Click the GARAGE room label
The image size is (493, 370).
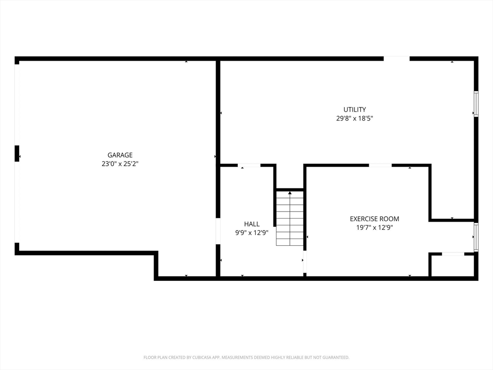pyautogui.click(x=120, y=155)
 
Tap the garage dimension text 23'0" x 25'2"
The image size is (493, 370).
pyautogui.click(x=120, y=164)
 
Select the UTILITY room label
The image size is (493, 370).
pyautogui.click(x=355, y=109)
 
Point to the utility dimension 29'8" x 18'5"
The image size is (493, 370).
pyautogui.click(x=355, y=119)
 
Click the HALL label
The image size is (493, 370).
pyautogui.click(x=252, y=224)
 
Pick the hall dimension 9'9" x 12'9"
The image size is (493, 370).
pyautogui.click(x=252, y=233)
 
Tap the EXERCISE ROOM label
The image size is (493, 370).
pyautogui.click(x=375, y=219)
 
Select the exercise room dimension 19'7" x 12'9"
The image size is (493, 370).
pyautogui.click(x=375, y=227)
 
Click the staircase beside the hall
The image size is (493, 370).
pyautogui.click(x=289, y=218)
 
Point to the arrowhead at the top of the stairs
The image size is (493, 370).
pyautogui.click(x=289, y=193)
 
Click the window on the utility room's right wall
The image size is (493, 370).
pyautogui.click(x=476, y=104)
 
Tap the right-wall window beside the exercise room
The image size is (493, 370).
pyautogui.click(x=476, y=237)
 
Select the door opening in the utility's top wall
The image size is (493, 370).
pyautogui.click(x=397, y=58)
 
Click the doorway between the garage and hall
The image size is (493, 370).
pyautogui.click(x=218, y=231)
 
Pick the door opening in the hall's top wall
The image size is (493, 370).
pyautogui.click(x=249, y=165)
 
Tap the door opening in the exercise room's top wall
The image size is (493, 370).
pyautogui.click(x=380, y=165)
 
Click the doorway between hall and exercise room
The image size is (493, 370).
pyautogui.click(x=305, y=262)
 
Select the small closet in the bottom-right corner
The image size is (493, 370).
pyautogui.click(x=453, y=265)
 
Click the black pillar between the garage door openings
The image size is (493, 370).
pyautogui.click(x=17, y=154)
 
